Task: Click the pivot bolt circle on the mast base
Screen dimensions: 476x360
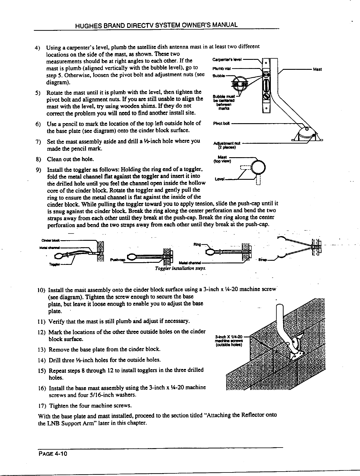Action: (307, 128)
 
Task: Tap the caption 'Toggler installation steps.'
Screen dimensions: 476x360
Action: (181, 268)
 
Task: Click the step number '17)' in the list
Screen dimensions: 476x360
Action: (41, 406)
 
